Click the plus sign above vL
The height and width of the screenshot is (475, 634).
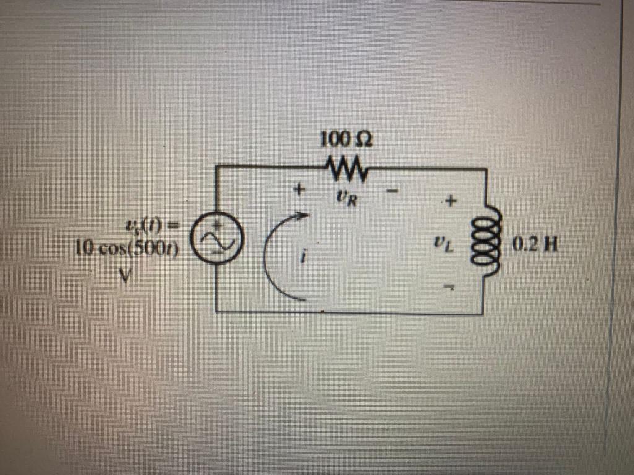click(x=451, y=201)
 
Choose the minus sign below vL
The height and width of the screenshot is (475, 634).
click(x=452, y=286)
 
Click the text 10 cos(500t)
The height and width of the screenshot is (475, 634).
click(x=126, y=249)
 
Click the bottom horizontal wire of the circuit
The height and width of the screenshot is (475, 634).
click(x=347, y=312)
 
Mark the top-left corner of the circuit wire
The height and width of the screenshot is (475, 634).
click(x=216, y=165)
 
